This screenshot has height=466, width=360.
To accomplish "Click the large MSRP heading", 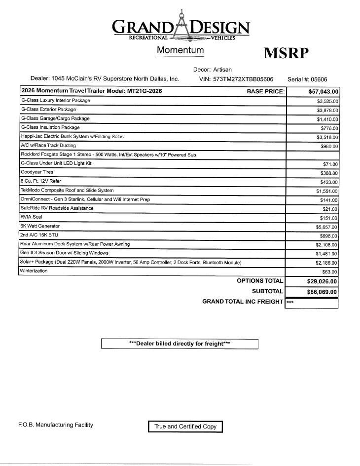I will [286, 53].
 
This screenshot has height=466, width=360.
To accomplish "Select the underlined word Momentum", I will [180, 50].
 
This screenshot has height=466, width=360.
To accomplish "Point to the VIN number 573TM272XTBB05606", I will [243, 79].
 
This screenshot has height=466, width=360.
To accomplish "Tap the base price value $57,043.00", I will [323, 91].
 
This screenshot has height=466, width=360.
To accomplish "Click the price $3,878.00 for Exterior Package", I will [327, 110].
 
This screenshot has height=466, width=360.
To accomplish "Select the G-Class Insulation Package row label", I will [50, 127].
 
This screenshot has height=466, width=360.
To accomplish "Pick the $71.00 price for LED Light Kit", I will [330, 164].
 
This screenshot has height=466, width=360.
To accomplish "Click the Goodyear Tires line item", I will [37, 172].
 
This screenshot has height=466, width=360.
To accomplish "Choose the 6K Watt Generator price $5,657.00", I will [327, 227].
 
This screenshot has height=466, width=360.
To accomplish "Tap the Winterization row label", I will [34, 271].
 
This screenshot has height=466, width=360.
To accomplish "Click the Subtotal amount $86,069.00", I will [322, 292].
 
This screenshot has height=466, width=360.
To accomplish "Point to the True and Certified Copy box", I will [185, 427].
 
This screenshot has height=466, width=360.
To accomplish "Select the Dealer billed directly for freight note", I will [180, 344].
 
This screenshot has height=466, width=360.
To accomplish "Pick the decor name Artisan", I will [222, 70].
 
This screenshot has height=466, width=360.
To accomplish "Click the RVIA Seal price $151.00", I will [328, 218].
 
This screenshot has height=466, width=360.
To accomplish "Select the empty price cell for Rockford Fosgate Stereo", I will [312, 155].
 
